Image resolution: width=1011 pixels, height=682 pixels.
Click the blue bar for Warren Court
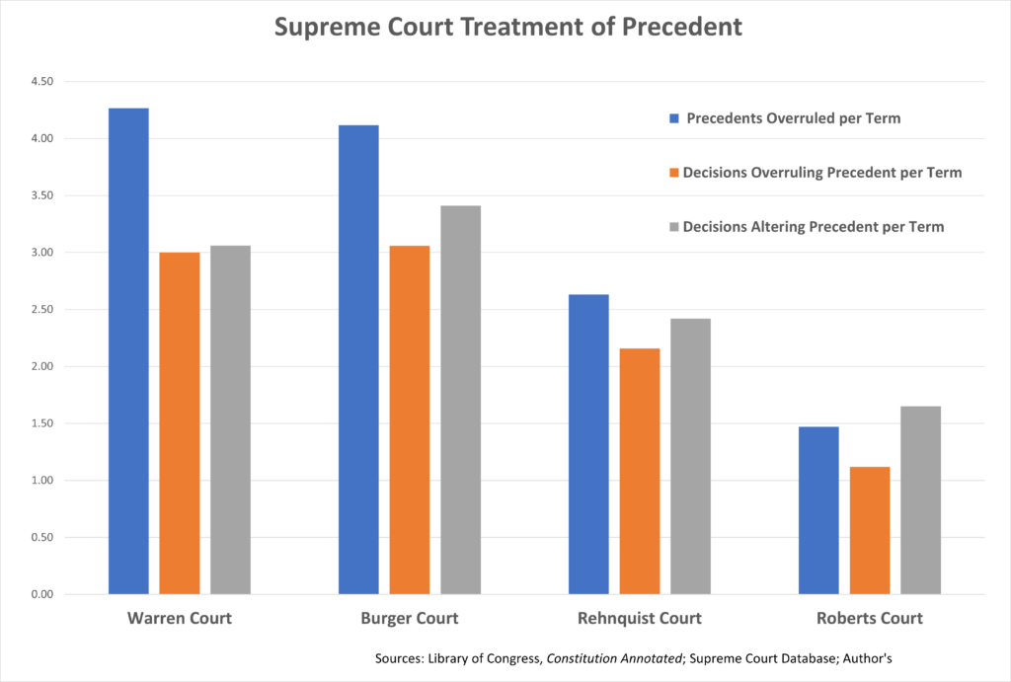[x=128, y=350]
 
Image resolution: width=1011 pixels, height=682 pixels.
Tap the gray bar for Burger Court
[x=460, y=400]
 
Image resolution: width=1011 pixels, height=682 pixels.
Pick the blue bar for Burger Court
[x=358, y=359]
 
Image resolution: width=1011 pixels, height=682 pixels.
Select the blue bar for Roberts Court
[x=818, y=510]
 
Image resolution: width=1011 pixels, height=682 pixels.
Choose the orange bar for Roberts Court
[x=870, y=530]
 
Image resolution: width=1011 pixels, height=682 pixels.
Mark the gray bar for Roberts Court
[x=920, y=499]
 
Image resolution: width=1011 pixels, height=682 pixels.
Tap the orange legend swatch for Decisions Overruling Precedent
[x=674, y=173]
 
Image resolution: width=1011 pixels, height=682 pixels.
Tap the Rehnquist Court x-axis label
[x=640, y=619]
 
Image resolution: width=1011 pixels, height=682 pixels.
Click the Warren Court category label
[x=180, y=619]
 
